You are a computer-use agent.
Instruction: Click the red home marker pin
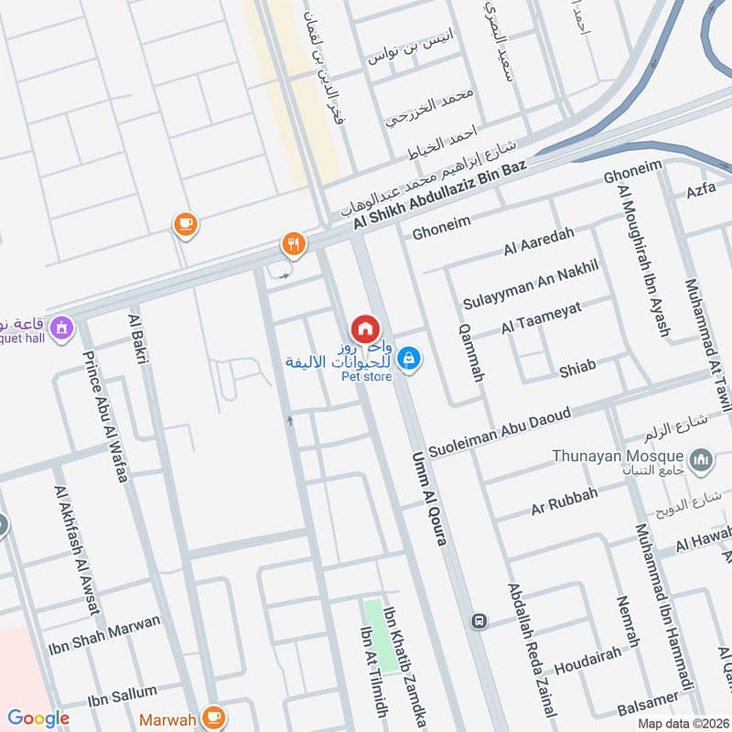(364, 328)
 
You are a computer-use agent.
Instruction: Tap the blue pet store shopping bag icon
(410, 358)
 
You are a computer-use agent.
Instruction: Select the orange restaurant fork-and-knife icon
(293, 244)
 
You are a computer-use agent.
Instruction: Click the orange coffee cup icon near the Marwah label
(215, 716)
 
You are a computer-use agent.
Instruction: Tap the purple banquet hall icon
(62, 327)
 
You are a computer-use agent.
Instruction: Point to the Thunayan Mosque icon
(702, 458)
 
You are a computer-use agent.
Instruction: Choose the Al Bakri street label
(142, 339)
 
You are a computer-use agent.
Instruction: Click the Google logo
(38, 719)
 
